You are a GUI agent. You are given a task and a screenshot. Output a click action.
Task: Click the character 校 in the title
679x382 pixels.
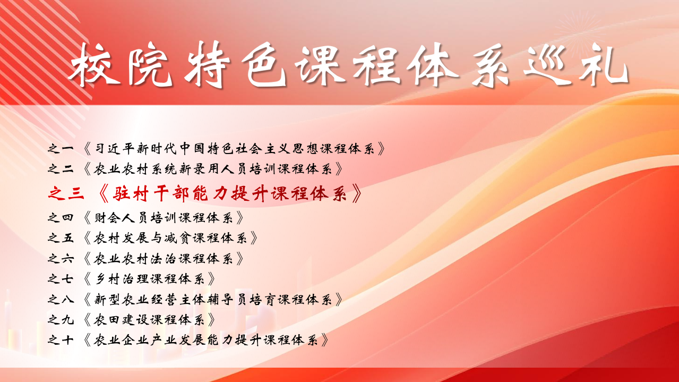click(x=94, y=65)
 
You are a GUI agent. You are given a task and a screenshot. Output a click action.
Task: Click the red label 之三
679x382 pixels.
click(x=66, y=193)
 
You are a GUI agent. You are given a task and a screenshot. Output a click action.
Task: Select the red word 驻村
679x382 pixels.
click(x=131, y=193)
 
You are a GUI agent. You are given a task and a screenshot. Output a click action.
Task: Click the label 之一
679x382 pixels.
click(x=61, y=149)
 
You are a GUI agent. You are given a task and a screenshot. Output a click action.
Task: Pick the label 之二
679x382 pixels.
click(x=61, y=169)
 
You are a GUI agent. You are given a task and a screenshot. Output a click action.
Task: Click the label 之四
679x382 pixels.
click(x=61, y=217)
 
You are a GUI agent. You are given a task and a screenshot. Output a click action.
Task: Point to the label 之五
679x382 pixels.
click(x=61, y=238)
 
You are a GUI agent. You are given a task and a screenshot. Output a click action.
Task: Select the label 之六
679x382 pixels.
click(x=61, y=259)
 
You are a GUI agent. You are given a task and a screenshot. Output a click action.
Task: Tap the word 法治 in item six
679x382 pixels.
click(x=164, y=259)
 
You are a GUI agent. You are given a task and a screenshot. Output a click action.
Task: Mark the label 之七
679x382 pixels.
click(x=61, y=279)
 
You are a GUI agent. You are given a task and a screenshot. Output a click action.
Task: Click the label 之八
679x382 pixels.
click(x=61, y=300)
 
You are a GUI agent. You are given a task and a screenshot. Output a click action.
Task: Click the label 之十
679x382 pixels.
click(x=61, y=340)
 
